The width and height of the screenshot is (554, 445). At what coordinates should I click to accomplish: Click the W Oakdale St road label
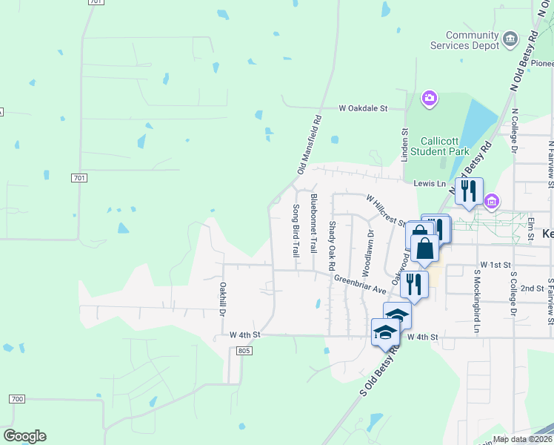[363, 108]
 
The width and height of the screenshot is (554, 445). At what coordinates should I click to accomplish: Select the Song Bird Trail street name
[296, 231]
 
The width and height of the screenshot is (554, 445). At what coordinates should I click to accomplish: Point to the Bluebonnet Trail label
[314, 222]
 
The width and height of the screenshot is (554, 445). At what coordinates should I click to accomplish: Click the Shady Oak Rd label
[332, 245]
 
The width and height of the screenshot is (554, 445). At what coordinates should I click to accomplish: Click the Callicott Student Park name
[445, 146]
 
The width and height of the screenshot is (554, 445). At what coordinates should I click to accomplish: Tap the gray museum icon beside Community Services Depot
[510, 39]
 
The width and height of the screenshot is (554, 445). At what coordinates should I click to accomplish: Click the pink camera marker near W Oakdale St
[429, 98]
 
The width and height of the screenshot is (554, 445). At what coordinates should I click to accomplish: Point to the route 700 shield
[17, 399]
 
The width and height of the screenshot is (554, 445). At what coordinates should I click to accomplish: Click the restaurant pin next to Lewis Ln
[469, 191]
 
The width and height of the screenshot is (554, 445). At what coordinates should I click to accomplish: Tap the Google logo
[24, 436]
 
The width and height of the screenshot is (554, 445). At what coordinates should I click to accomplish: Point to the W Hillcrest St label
[386, 211]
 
